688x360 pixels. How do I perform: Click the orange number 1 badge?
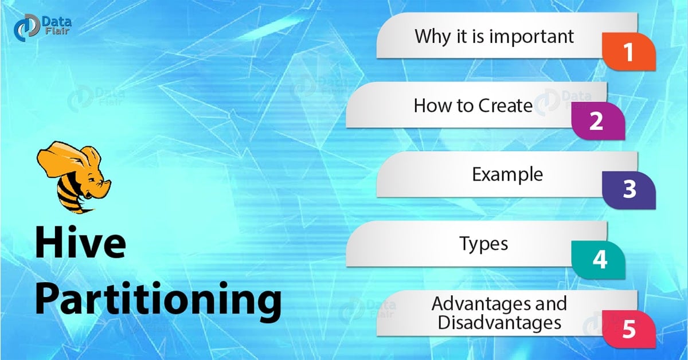[x=628, y=52]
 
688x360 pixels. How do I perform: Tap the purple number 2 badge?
[x=597, y=122]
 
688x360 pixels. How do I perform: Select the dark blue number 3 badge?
[x=629, y=190]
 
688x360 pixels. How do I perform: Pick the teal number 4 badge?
[x=599, y=259]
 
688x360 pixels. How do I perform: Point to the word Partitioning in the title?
[x=158, y=300]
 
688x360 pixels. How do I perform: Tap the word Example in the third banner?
[x=507, y=174]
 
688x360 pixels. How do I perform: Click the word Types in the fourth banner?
[x=483, y=243]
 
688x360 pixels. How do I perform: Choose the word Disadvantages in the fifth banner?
[x=499, y=323]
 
